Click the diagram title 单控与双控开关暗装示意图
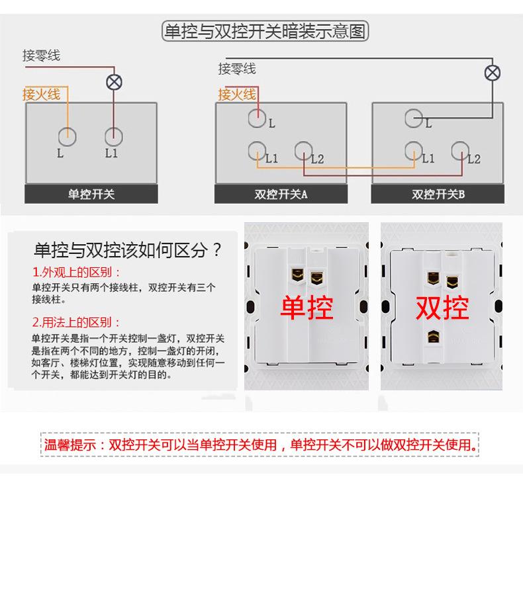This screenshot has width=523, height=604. (265, 32)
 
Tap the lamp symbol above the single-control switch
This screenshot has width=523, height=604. (115, 83)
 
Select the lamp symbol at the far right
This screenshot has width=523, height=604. (493, 73)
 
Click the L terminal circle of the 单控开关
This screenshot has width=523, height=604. (67, 137)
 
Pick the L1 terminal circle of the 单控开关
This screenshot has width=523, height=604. (114, 137)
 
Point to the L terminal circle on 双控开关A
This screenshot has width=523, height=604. (257, 118)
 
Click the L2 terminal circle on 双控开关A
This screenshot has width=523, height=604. (303, 151)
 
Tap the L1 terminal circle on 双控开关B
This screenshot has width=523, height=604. (414, 151)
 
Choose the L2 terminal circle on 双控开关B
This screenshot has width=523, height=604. (460, 151)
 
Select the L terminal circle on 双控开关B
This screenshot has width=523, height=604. (414, 118)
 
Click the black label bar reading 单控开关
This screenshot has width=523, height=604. (91, 194)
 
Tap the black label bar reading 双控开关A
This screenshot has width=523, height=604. (281, 194)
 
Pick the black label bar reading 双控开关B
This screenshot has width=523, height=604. (438, 194)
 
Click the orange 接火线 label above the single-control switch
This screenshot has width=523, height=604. (41, 95)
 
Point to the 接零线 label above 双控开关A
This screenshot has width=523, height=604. (237, 69)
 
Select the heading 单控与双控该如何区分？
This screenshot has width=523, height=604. (128, 251)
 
